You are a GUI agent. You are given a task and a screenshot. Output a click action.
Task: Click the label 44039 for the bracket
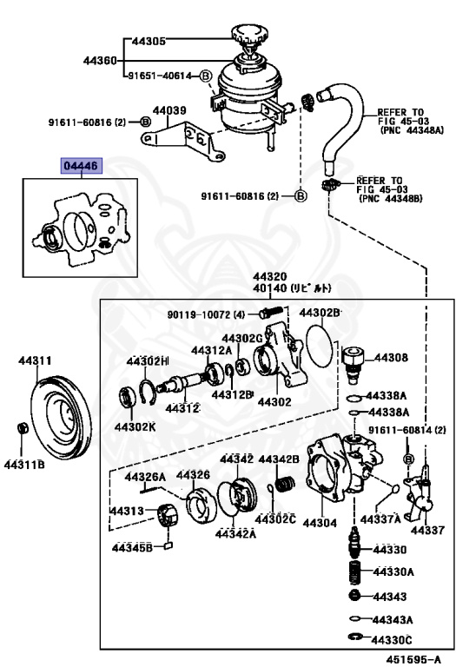[170, 110]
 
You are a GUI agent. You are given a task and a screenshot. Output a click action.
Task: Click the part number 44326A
[144, 477]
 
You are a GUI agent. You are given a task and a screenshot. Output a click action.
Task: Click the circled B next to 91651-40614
[206, 76]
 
